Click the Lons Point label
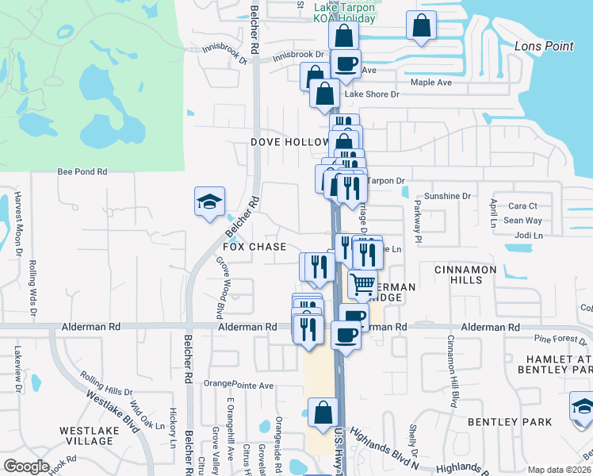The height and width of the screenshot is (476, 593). coord(543,46)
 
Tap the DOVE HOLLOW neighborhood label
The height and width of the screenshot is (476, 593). coord(289,142)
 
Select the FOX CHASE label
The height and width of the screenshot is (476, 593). coord(254,247)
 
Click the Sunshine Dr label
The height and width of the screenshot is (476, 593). coord(447,196)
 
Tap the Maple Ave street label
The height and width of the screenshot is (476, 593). coord(430,83)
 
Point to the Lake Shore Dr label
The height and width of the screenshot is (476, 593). coord(372,94)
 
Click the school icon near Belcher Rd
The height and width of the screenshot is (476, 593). coord(209,202)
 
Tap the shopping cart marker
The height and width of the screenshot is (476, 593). coord(362,284)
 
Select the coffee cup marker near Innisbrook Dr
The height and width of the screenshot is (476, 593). coord(344,63)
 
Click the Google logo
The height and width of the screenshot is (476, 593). coord(26,466)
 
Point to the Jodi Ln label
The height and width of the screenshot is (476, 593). coord(528,236)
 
